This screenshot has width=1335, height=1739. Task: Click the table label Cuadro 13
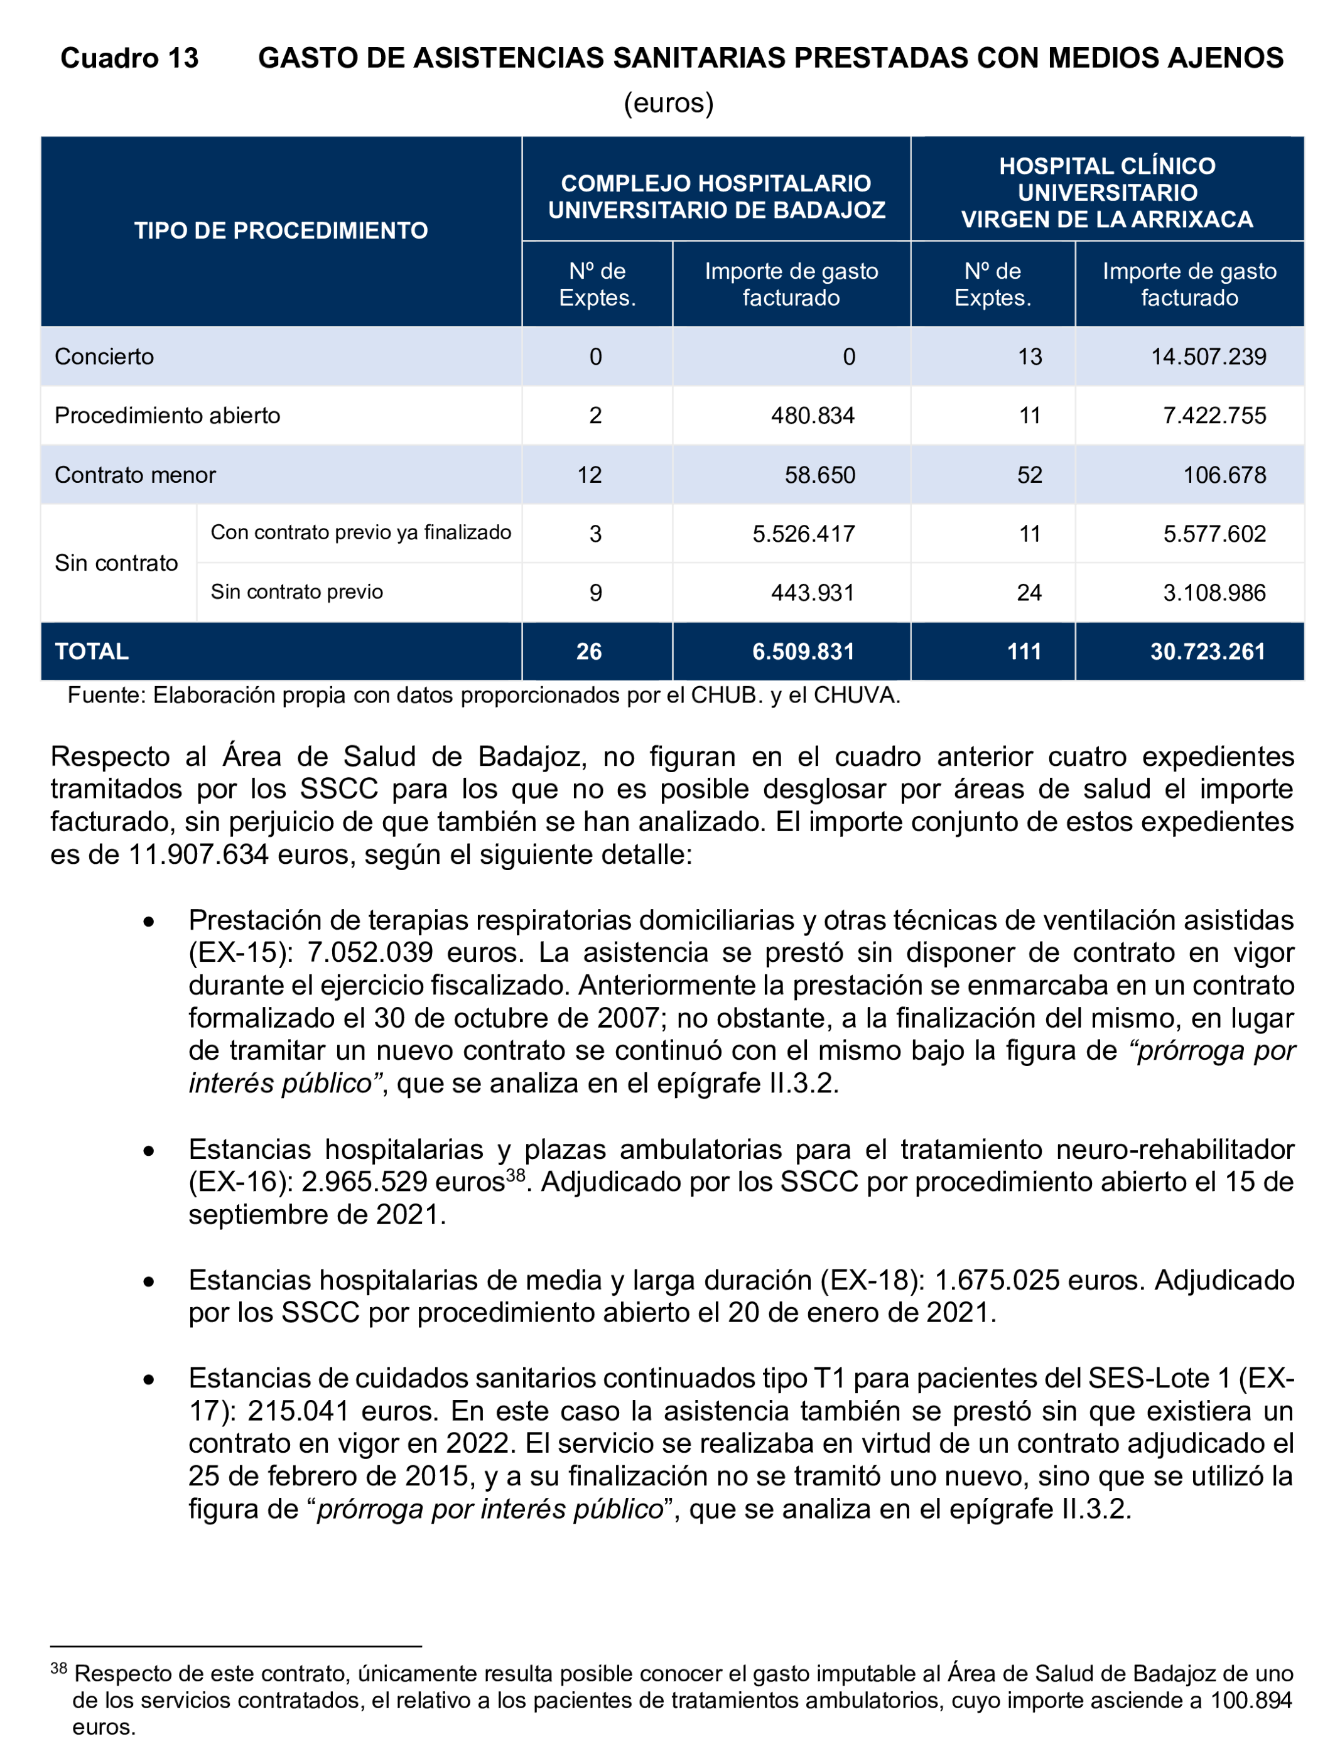coord(129,58)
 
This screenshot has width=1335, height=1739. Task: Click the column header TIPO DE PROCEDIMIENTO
coord(281,230)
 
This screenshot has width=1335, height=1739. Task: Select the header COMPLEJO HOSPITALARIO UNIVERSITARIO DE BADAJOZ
coord(716,197)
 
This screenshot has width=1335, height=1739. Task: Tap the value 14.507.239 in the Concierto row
coord(1208,356)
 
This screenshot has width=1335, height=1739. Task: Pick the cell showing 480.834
coord(812,416)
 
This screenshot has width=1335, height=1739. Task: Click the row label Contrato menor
coord(135,475)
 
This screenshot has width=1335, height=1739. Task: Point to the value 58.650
coord(819,475)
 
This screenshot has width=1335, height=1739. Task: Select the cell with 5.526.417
coord(803,533)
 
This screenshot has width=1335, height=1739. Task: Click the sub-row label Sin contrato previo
coord(296,592)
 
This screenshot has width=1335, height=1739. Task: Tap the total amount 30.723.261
coord(1207,652)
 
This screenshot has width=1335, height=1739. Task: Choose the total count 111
coord(1024,652)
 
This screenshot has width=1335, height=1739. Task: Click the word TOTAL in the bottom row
coord(92,652)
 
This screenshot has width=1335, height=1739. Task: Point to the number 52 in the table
coord(1029,475)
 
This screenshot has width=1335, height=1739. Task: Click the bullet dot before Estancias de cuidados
coord(149,1380)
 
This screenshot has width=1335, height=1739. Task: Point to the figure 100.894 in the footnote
coord(1251,1700)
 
